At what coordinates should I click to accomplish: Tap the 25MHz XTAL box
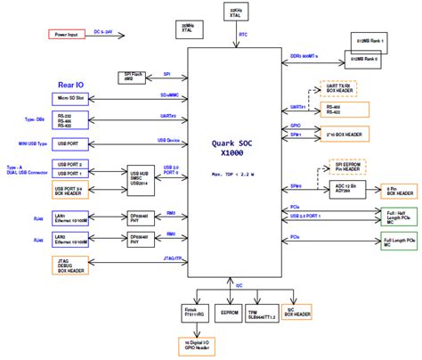pos(187,28)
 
